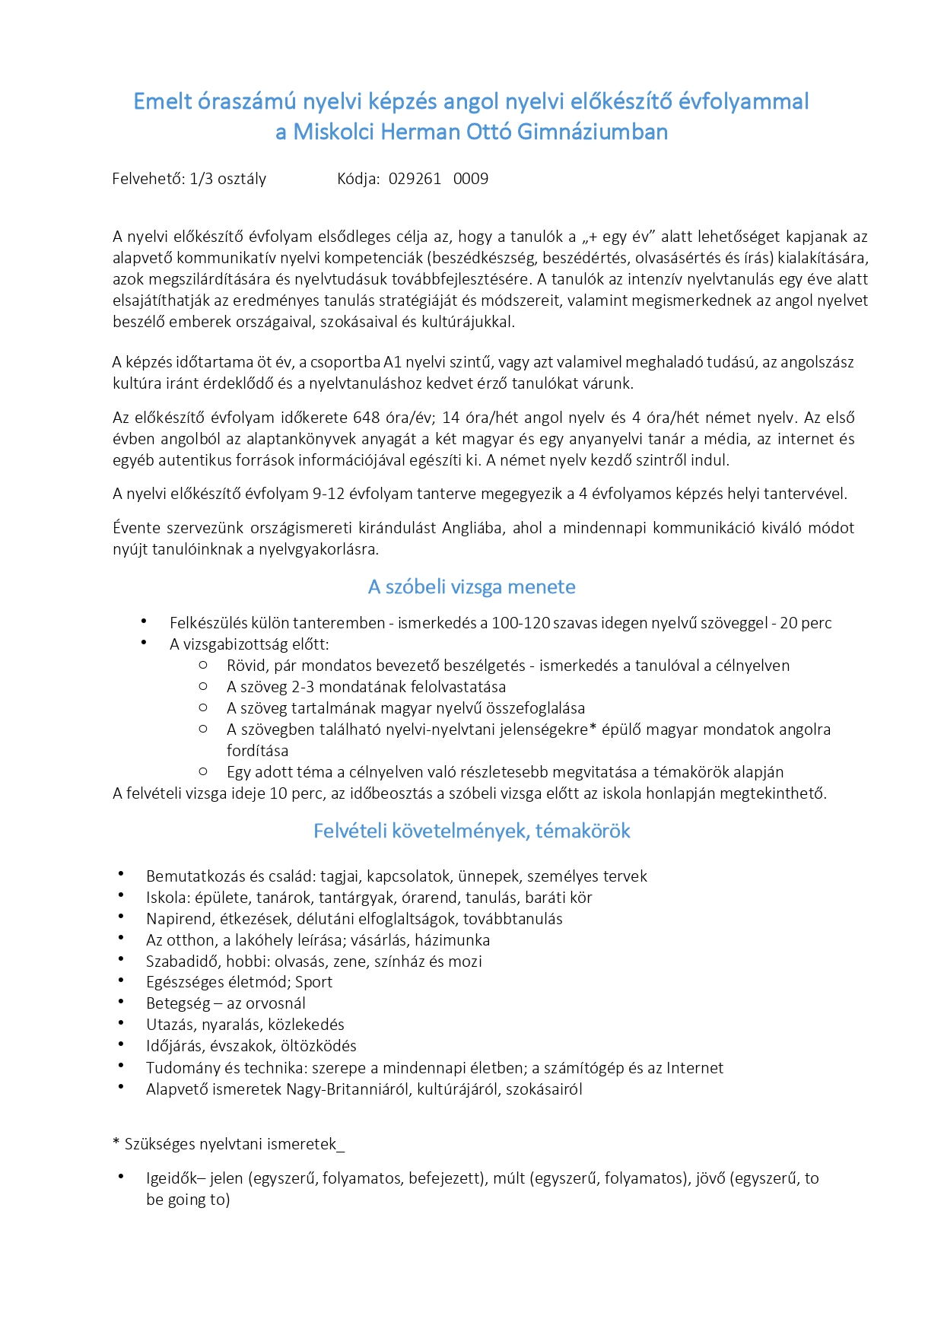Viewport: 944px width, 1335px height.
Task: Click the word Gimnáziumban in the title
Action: point(593,132)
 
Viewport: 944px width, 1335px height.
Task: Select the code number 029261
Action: point(415,180)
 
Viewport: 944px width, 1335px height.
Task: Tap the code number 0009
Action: point(471,180)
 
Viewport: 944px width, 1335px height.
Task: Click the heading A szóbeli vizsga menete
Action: point(472,587)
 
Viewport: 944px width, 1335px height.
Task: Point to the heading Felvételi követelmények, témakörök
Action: point(472,831)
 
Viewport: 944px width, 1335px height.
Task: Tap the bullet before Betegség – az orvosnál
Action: point(122,1003)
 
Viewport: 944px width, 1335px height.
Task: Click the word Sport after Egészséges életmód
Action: point(313,982)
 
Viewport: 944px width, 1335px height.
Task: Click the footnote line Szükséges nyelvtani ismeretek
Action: point(228,1144)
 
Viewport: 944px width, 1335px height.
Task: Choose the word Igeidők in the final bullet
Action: point(172,1179)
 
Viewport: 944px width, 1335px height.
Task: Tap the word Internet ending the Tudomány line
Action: point(694,1068)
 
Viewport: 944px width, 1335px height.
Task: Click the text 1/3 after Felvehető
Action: point(202,180)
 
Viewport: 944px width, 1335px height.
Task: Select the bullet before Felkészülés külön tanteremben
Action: point(144,622)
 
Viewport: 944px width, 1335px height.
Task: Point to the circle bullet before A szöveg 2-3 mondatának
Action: point(203,686)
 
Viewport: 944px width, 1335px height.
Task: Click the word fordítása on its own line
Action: point(257,751)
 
